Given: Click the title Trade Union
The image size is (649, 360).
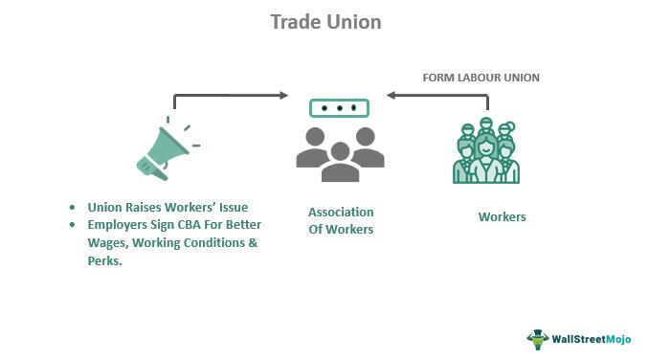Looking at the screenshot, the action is [325, 22].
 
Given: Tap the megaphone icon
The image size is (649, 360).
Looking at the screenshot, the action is [166, 151].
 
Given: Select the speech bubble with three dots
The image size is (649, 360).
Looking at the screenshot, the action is [339, 108].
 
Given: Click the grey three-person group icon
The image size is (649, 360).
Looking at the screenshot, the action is [340, 154].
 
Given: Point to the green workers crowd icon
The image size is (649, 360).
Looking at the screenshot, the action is [486, 150].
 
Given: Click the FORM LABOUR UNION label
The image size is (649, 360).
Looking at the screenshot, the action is [481, 78].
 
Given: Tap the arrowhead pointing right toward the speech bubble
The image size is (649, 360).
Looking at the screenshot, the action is [284, 95].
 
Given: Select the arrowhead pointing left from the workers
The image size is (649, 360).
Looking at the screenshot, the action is [392, 95].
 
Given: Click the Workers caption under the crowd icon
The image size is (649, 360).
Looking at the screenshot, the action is [502, 216].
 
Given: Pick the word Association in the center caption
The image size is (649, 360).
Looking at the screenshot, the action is [341, 212].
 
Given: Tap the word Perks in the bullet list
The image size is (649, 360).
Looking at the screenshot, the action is [103, 261].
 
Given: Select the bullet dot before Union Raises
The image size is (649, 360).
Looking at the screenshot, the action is [73, 208].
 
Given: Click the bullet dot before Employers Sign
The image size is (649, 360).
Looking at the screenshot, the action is [73, 225].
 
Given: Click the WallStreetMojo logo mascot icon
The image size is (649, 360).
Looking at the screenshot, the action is [538, 340].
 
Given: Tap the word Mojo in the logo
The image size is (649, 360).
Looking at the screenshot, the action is [618, 339].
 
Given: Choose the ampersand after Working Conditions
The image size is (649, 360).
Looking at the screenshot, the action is [253, 242].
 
